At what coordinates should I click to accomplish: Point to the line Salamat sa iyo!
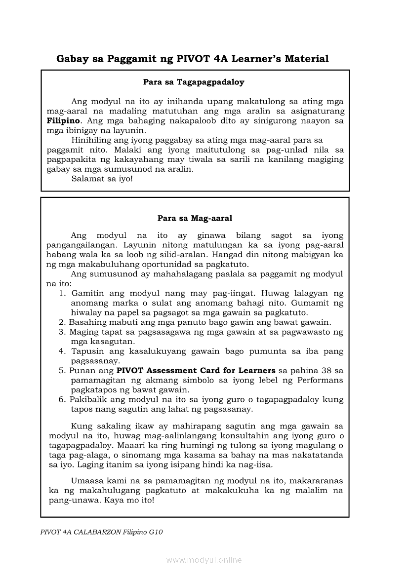[102, 178]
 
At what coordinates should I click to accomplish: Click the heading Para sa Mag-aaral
[195, 218]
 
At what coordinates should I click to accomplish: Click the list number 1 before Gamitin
[62, 293]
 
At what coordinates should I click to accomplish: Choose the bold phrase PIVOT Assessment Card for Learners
[196, 370]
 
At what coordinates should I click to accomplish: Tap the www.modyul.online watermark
[204, 560]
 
